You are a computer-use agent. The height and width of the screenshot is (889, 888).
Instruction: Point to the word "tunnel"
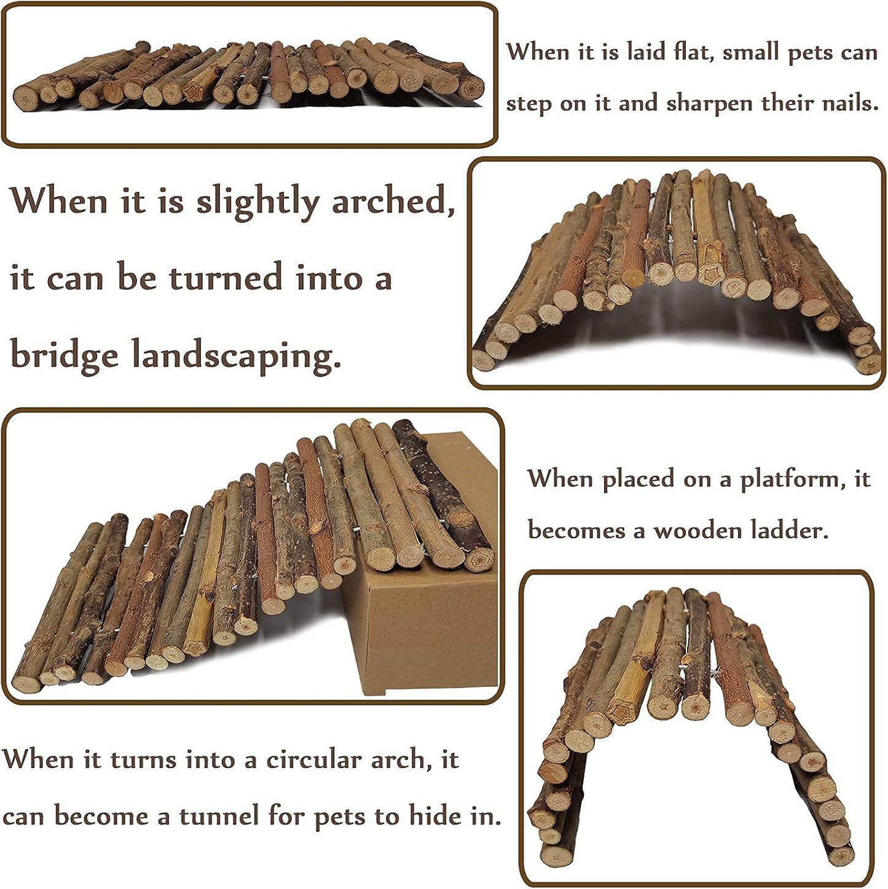218,817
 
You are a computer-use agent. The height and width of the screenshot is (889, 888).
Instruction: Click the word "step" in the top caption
528,104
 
